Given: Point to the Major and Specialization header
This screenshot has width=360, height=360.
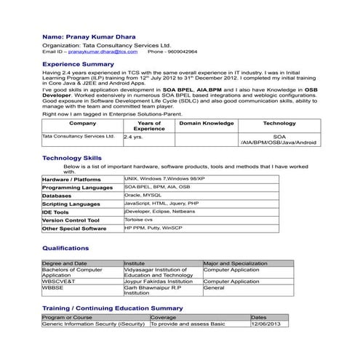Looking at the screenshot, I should point(235,263).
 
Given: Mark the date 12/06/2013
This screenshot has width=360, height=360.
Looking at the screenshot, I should point(266,324).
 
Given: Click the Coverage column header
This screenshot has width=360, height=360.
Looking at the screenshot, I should point(163,318).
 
